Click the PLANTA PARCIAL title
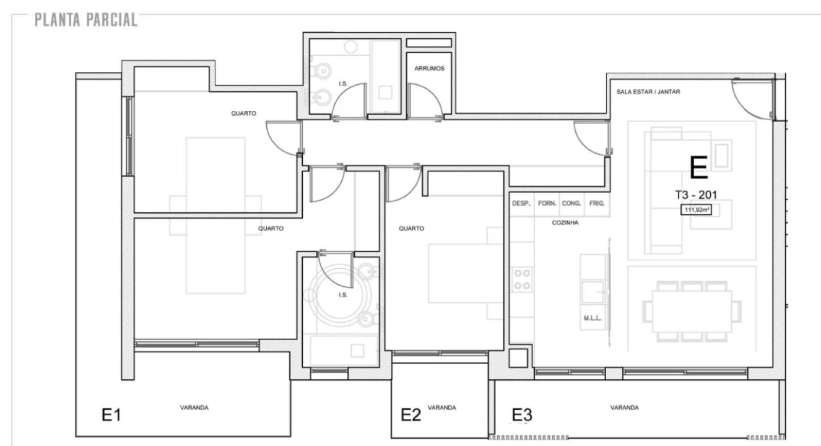click(86, 20)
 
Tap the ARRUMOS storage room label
click(429, 68)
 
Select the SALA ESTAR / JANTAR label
click(648, 92)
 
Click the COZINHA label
click(565, 222)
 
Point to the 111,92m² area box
click(696, 210)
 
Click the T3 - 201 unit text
click(696, 195)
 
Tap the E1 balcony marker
click(111, 415)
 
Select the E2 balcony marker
click(410, 415)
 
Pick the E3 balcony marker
click(522, 415)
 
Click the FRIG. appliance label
click(597, 203)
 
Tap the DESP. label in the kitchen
click(521, 203)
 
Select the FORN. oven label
click(547, 203)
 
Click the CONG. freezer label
click(571, 203)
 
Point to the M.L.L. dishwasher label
click(593, 318)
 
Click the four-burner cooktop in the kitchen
click(522, 279)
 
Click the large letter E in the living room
click(698, 167)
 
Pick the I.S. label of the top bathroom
click(342, 84)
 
